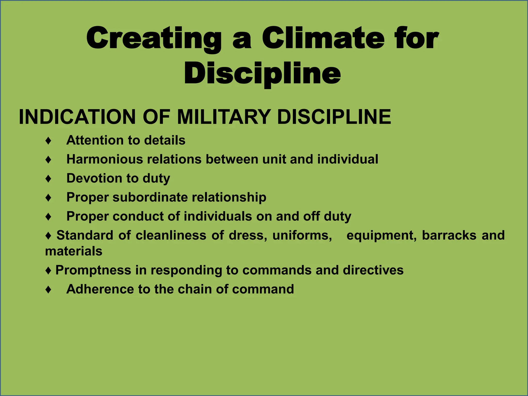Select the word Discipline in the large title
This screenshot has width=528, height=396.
(x=262, y=73)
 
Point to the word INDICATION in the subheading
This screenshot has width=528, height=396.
(x=77, y=117)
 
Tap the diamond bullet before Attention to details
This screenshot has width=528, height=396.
(x=48, y=141)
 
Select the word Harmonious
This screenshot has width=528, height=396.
(x=105, y=159)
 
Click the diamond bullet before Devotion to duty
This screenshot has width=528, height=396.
(x=48, y=179)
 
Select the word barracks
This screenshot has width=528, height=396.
(x=449, y=235)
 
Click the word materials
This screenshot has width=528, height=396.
(x=74, y=251)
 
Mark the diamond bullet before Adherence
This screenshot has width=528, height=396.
(x=48, y=290)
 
